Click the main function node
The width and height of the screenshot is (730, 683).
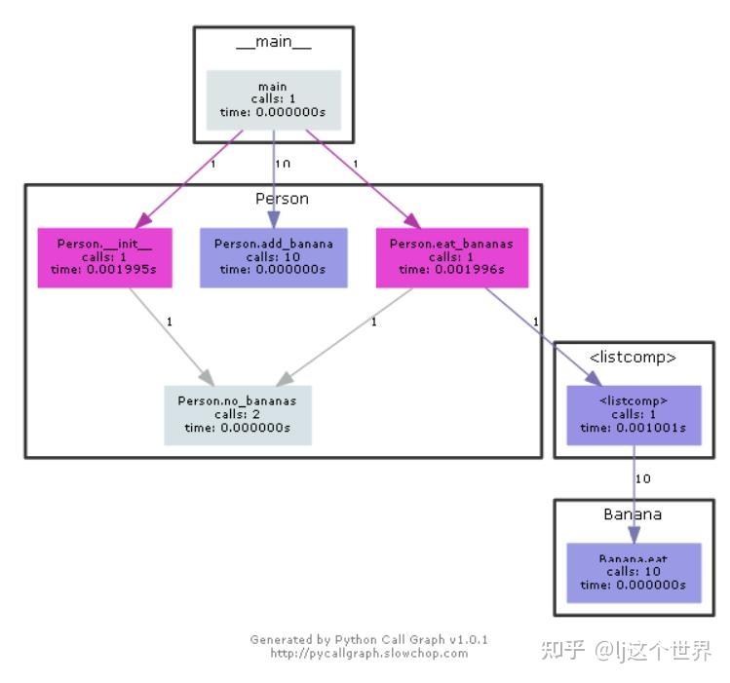point(273,99)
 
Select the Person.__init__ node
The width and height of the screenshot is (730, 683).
point(104,257)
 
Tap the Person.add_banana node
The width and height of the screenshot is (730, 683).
point(273,257)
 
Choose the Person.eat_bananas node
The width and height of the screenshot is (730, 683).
point(451,257)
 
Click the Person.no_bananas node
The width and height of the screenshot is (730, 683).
point(237,414)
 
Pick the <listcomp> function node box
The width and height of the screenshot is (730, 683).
point(634,414)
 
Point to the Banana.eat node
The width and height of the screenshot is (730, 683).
point(634,572)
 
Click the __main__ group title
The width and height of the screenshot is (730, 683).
point(273,44)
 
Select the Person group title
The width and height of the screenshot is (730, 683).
point(282,199)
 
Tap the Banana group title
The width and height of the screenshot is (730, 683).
point(634,514)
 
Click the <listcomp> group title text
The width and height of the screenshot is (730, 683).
point(634,357)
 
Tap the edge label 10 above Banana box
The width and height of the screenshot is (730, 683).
point(643,478)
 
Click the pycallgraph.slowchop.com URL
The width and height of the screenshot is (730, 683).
point(369,653)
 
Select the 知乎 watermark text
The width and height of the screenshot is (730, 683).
point(562,651)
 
